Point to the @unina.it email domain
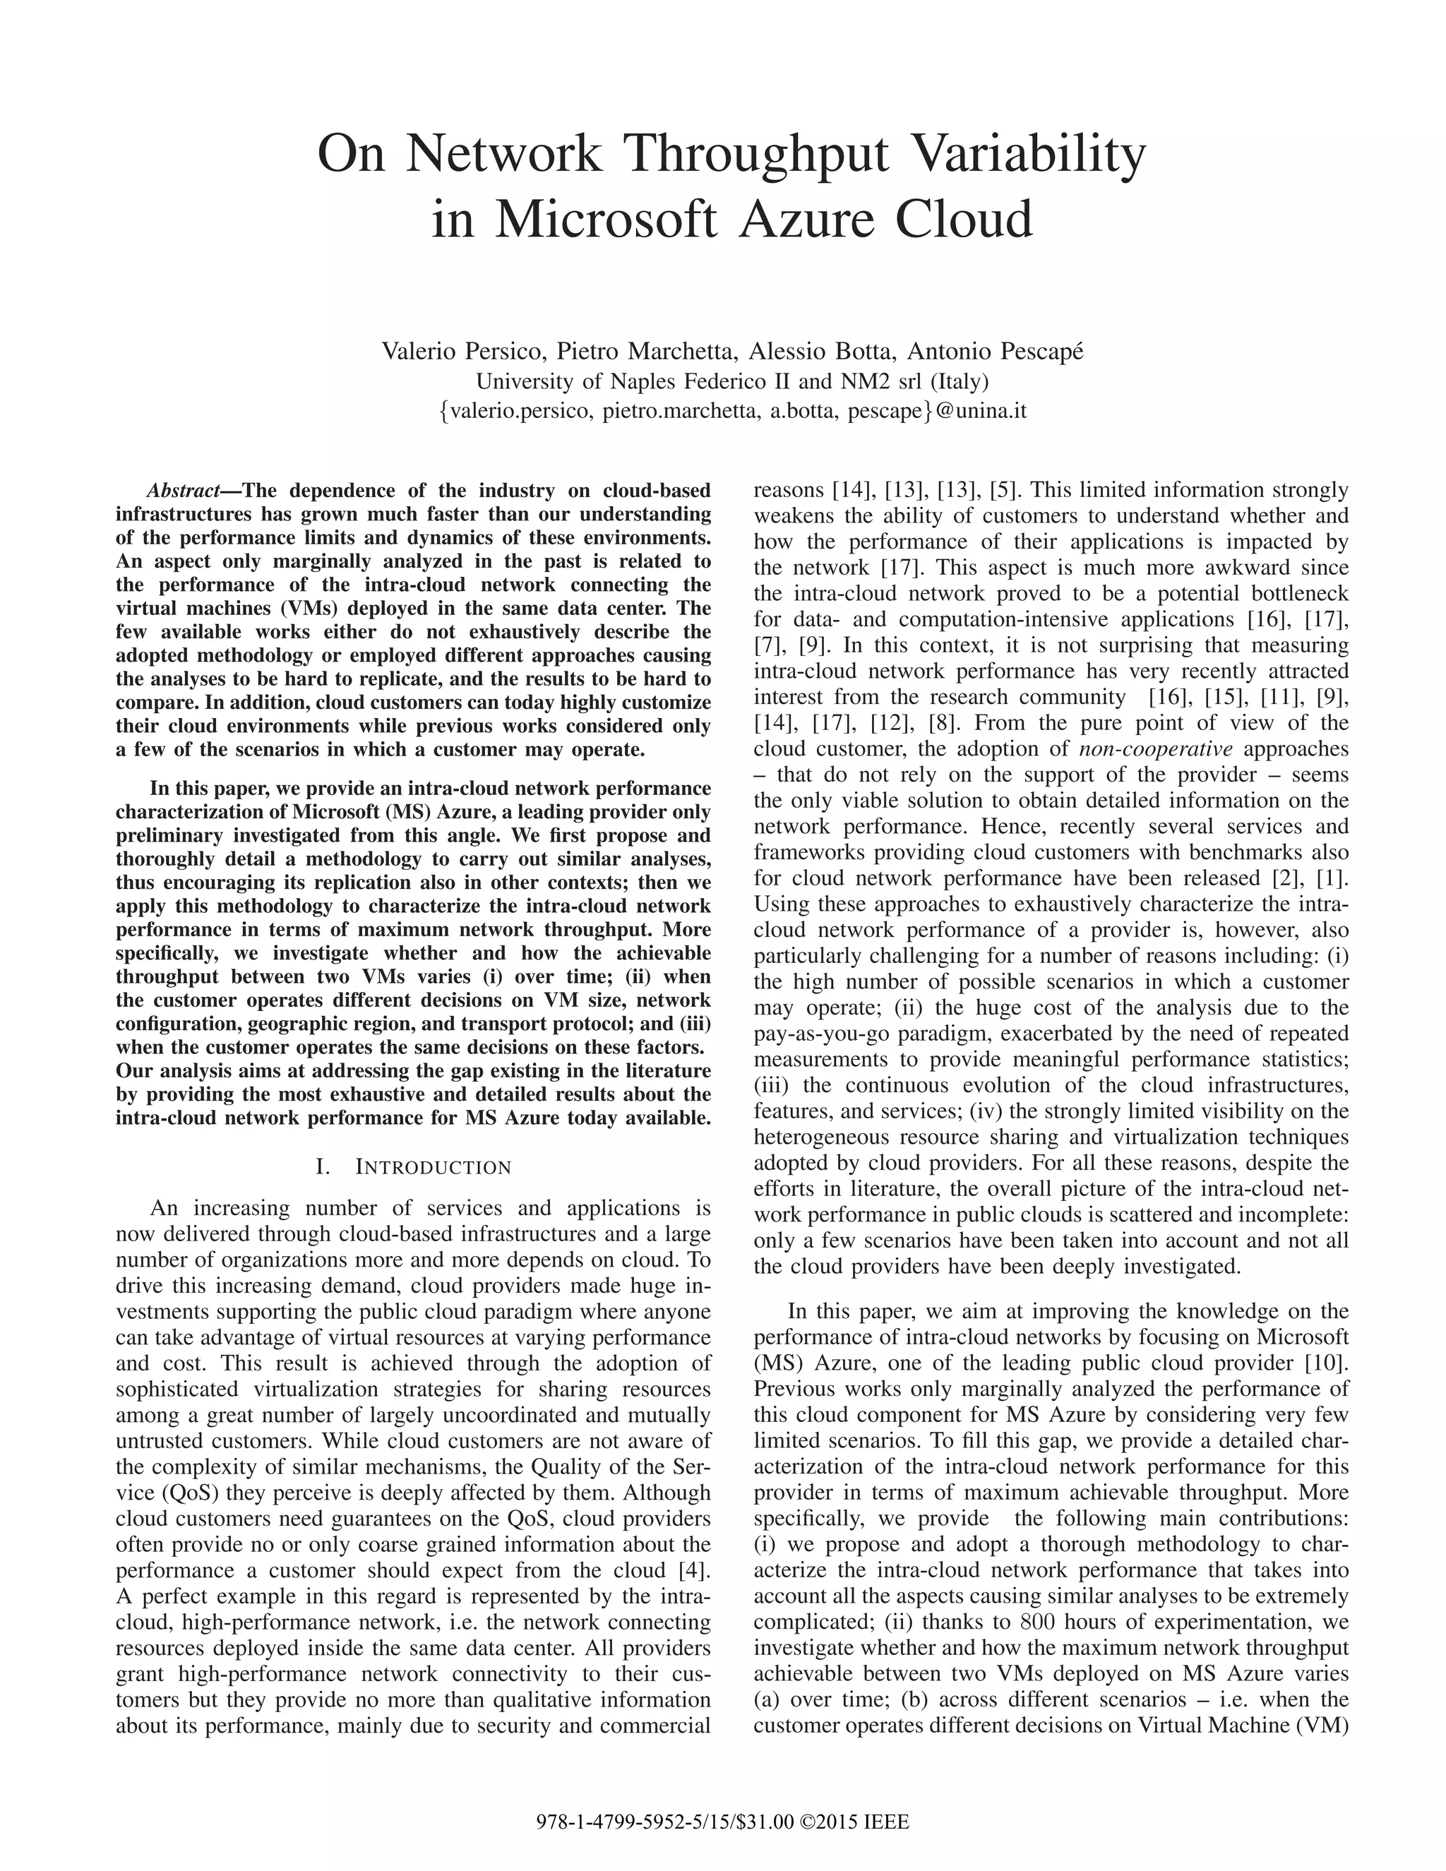click(981, 410)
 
